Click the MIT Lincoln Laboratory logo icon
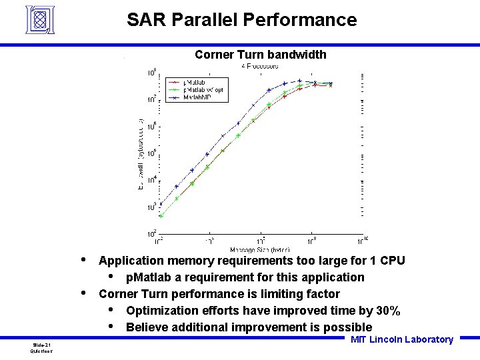click(43, 19)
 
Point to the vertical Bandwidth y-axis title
click(141, 153)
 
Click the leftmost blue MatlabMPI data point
click(161, 204)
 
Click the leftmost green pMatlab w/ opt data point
click(161, 215)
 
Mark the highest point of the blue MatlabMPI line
click(300, 81)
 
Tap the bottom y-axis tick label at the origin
click(151, 234)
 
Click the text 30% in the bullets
click(387, 311)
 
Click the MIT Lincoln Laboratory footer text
click(401, 340)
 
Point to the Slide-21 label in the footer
click(42, 344)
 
